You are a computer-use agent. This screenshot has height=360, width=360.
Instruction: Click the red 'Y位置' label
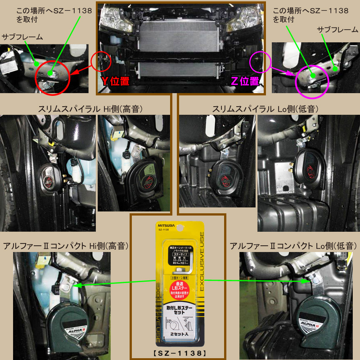point(115,81)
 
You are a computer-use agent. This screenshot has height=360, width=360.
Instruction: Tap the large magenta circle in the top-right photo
point(312,79)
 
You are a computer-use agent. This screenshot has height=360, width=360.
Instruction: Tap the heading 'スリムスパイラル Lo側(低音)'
point(268,109)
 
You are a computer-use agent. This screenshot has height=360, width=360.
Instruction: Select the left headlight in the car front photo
point(115,18)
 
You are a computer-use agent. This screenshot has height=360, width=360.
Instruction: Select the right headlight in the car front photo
point(243,18)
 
